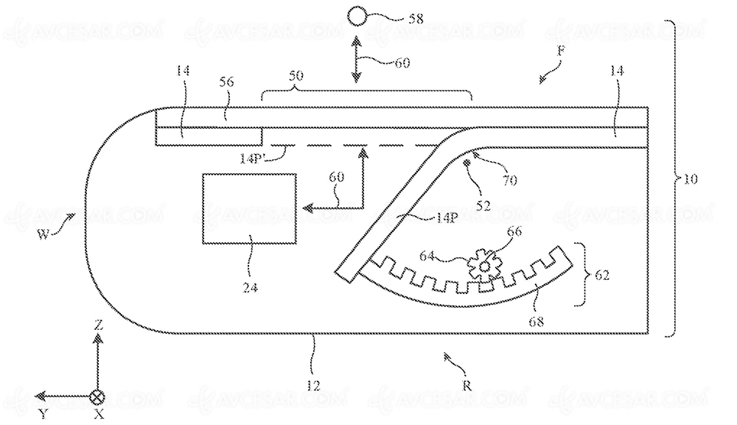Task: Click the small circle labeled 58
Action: point(356,18)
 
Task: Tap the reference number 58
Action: point(414,19)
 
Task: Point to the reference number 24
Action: point(251,287)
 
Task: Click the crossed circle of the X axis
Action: point(97,396)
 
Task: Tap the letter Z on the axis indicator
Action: point(98,325)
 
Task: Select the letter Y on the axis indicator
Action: point(43,413)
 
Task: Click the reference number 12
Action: point(313,385)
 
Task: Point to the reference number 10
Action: point(690,179)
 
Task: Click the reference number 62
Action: point(602,275)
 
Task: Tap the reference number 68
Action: point(537,321)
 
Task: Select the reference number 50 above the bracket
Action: point(296,76)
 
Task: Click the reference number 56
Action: point(226,82)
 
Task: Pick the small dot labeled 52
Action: point(467,163)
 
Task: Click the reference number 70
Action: point(509,180)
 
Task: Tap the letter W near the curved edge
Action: point(43,234)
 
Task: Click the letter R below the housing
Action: point(467,385)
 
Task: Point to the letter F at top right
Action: point(561,51)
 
